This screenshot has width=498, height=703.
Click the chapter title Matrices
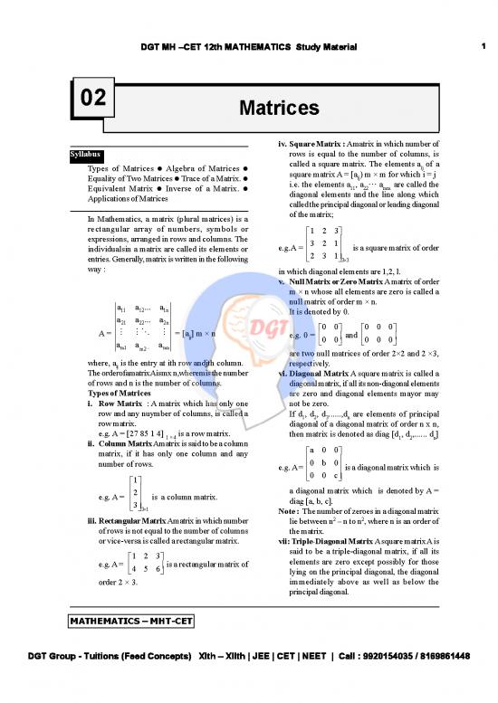pos(278,109)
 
